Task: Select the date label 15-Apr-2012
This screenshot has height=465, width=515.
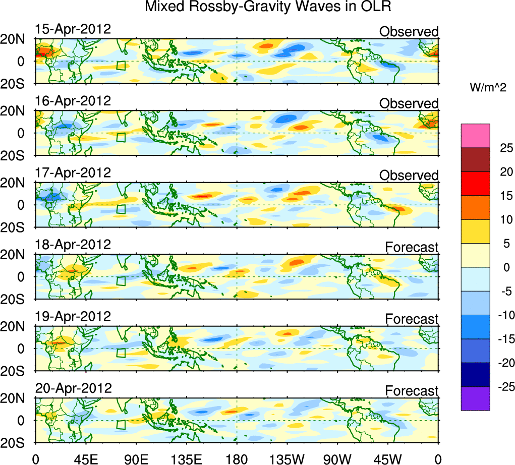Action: pos(73,29)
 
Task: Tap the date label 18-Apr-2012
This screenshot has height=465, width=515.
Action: pos(73,245)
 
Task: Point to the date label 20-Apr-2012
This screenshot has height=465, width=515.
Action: pos(73,388)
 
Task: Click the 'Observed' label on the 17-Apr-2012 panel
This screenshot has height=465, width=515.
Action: pos(409,176)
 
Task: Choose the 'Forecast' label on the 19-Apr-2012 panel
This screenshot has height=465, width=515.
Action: pos(412,319)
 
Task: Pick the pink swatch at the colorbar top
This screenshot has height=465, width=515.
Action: pos(475,136)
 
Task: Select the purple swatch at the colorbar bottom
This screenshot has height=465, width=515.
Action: pos(475,398)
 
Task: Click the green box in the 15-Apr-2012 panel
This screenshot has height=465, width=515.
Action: pos(121,66)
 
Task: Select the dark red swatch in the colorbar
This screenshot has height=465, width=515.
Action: pos(475,159)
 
